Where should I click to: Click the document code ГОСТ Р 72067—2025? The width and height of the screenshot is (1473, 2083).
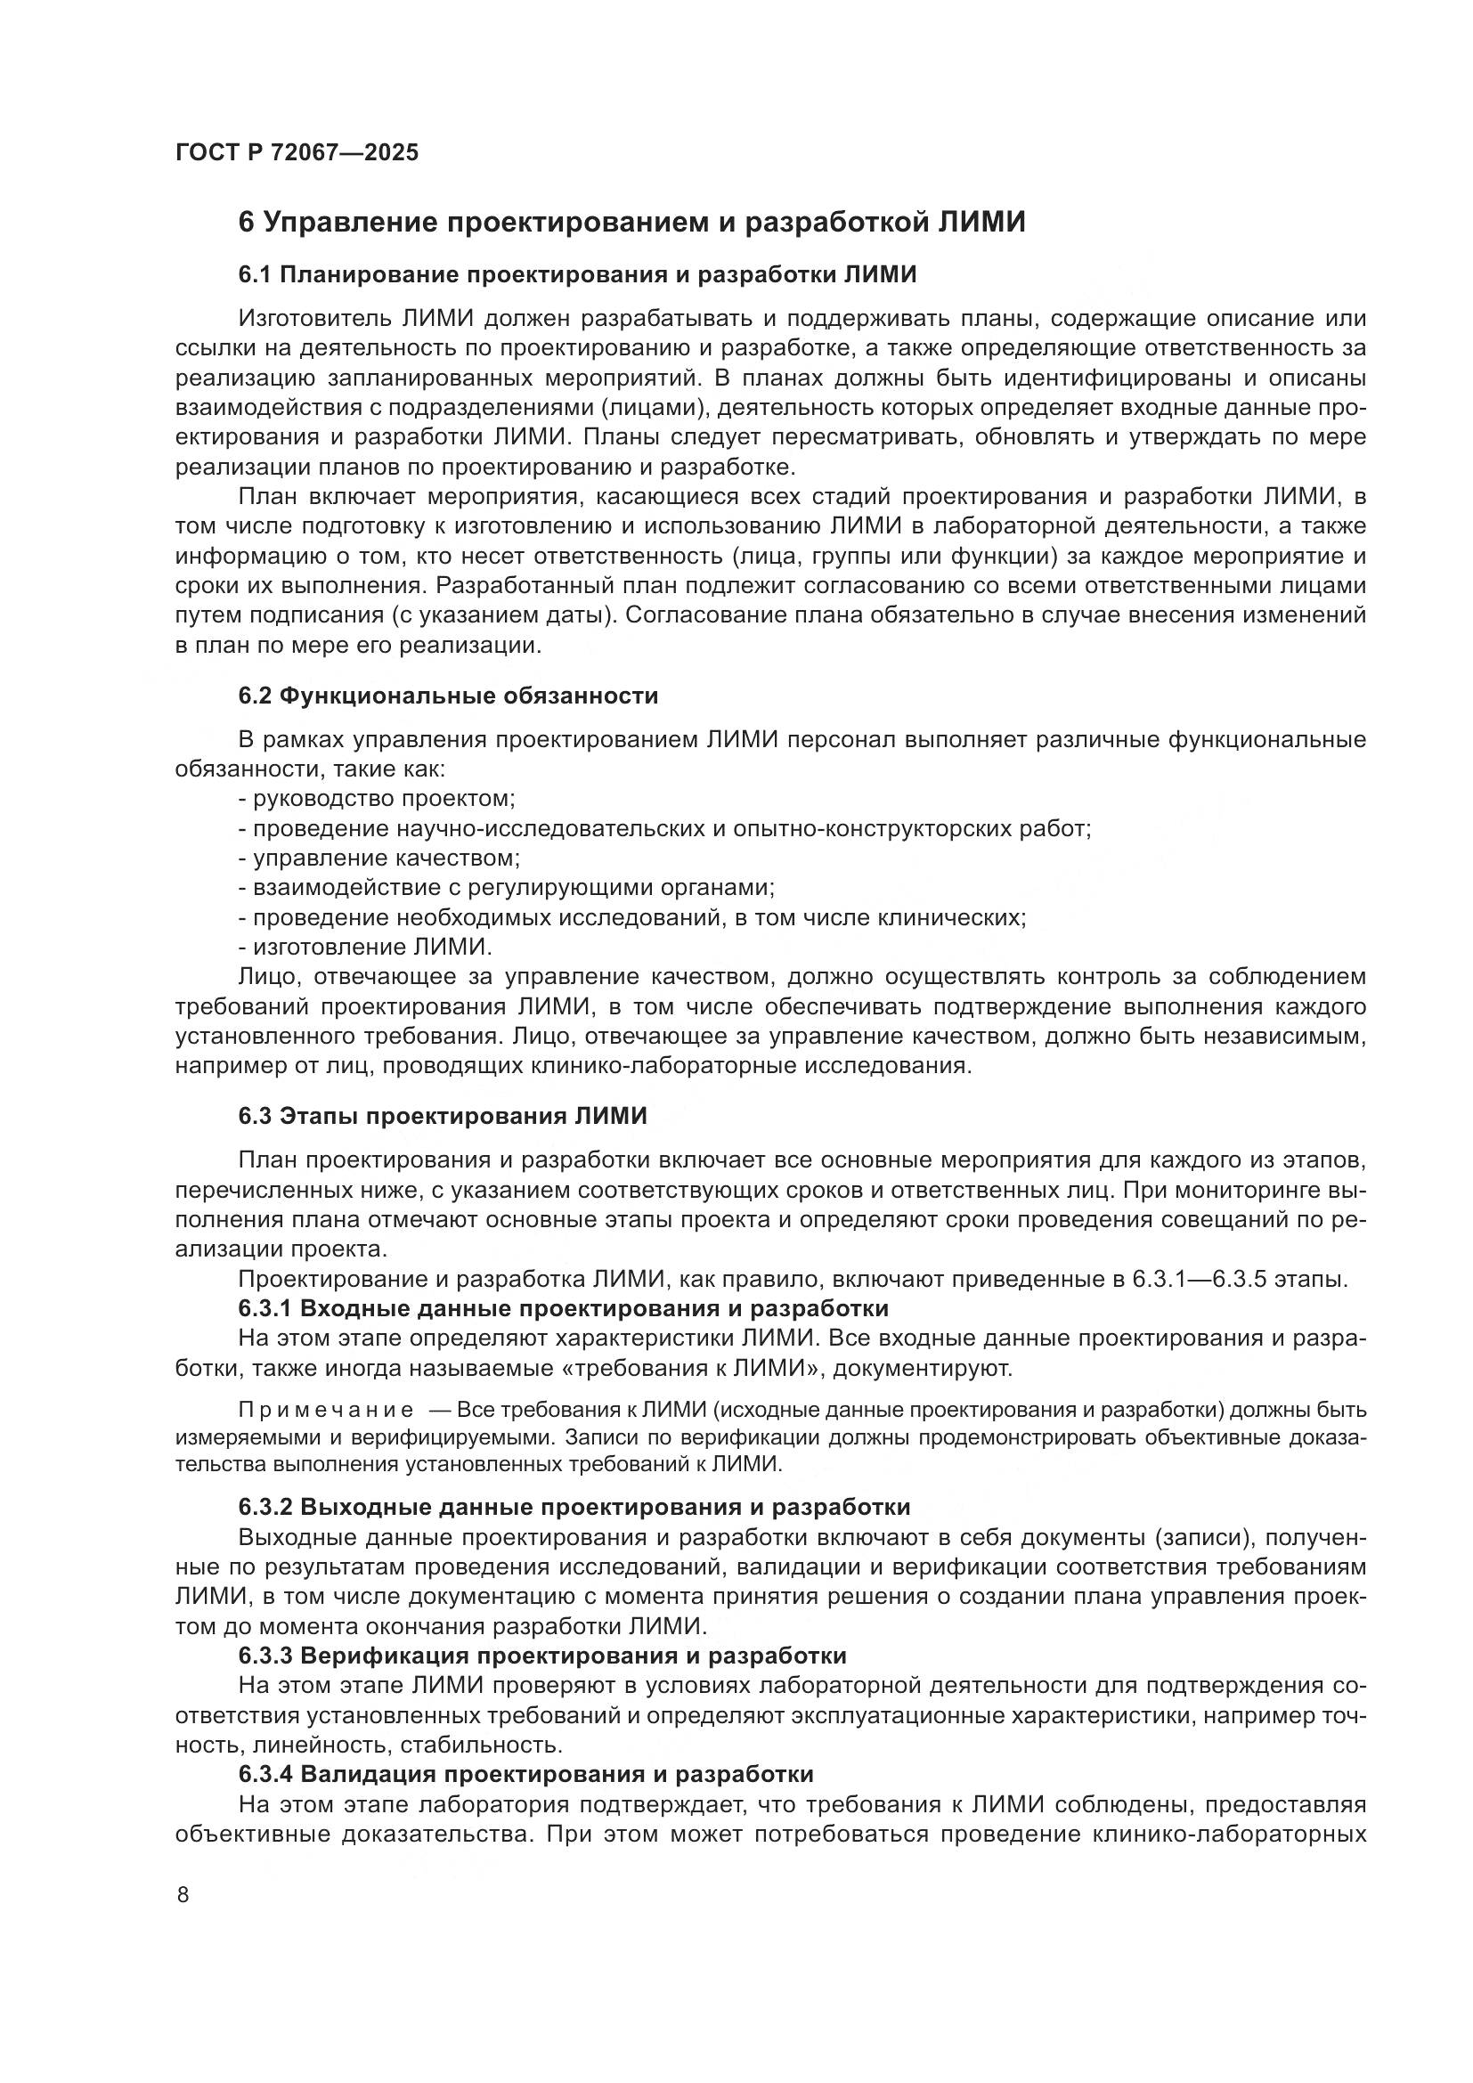(297, 152)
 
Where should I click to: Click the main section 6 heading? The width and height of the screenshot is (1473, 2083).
(631, 223)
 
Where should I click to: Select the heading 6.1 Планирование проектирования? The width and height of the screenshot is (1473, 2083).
(577, 274)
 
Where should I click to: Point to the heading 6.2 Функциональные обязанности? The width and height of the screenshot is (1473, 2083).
(448, 696)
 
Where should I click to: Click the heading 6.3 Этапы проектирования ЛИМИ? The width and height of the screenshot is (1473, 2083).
(443, 1116)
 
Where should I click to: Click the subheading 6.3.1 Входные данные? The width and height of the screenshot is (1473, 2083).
(562, 1308)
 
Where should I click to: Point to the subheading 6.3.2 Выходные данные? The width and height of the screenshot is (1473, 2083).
(574, 1507)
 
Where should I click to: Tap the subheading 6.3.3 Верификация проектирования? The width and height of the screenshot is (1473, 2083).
(541, 1656)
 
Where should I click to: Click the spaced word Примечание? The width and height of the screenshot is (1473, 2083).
(326, 1410)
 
